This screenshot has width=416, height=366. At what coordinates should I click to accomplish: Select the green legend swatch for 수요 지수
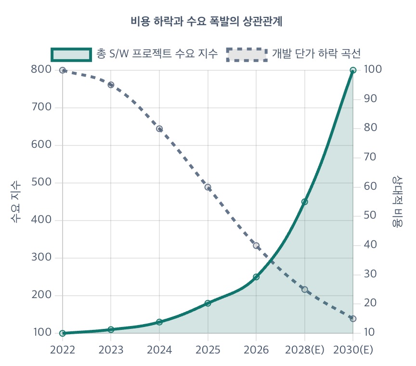point(71,54)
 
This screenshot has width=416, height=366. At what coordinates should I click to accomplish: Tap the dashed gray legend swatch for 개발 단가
point(247,54)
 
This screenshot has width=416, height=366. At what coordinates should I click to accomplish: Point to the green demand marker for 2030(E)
point(353,70)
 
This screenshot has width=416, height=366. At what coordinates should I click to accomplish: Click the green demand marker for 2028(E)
point(305,202)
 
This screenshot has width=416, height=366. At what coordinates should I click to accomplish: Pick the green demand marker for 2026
point(256,277)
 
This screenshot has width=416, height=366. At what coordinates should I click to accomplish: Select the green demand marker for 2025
point(208,303)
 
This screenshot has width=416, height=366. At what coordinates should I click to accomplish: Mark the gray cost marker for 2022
point(63,70)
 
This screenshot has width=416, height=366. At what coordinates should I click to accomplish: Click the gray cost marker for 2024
point(159,129)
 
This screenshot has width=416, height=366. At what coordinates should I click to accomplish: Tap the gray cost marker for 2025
point(208,187)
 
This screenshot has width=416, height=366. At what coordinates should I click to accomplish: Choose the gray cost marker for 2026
point(256,246)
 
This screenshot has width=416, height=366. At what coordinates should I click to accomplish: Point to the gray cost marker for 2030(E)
point(353,319)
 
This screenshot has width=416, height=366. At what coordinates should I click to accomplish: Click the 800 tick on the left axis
point(41,70)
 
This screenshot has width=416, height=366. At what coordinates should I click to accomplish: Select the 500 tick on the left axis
point(41,183)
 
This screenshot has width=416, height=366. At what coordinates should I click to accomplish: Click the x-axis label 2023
point(111,350)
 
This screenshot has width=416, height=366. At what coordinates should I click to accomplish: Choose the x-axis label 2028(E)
point(304,350)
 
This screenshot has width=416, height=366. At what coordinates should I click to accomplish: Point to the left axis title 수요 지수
point(16,201)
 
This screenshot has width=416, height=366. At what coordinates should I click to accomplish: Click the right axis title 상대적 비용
point(398,201)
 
